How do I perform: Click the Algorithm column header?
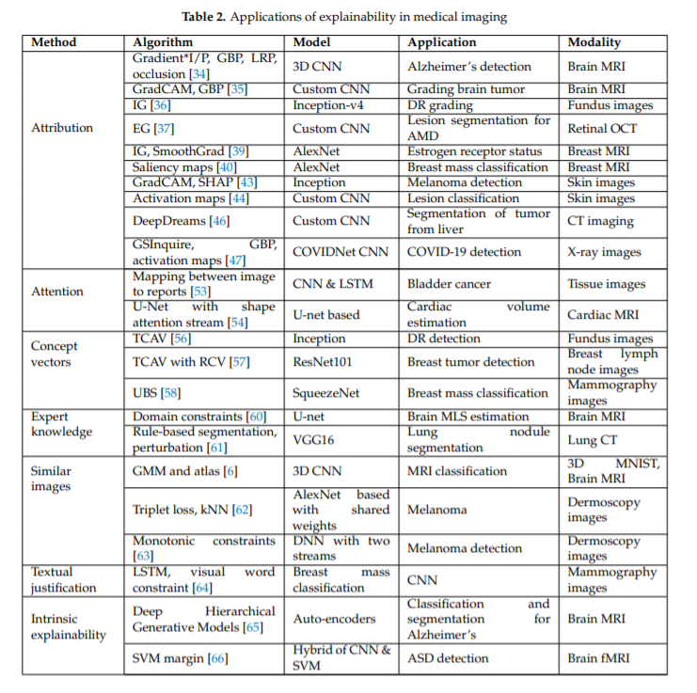coord(163,42)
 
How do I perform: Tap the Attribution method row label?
coord(63,128)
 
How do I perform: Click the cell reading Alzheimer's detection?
coord(469,67)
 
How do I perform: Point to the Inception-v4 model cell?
coord(327,105)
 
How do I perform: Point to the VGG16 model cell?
coord(313,439)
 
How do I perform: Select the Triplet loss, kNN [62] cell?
coord(191,510)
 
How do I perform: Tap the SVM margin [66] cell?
coord(181,658)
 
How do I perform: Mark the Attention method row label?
coord(57,291)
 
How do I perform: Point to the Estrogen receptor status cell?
coord(474,151)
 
